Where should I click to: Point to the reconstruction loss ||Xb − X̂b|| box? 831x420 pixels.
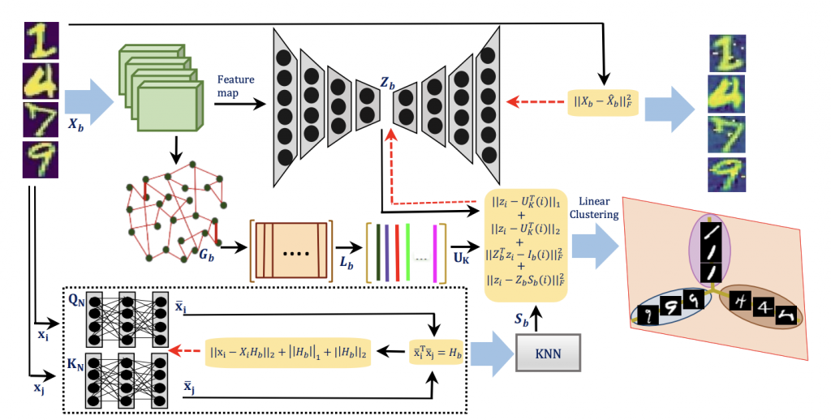pyautogui.click(x=605, y=103)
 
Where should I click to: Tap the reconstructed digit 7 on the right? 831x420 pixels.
pyautogui.click(x=728, y=135)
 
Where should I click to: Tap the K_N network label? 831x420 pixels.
pyautogui.click(x=75, y=354)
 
